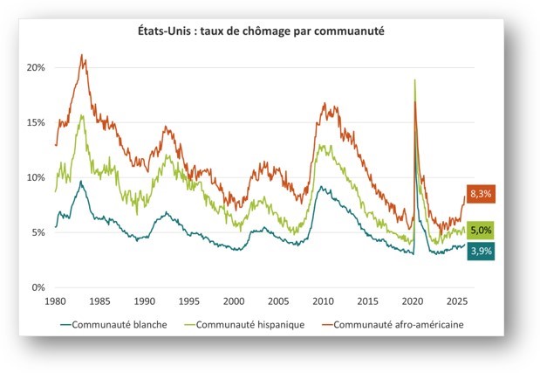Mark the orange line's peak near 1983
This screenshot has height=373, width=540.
(x=82, y=55)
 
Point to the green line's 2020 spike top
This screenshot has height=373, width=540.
(x=414, y=79)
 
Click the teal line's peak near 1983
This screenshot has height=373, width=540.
(x=81, y=182)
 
